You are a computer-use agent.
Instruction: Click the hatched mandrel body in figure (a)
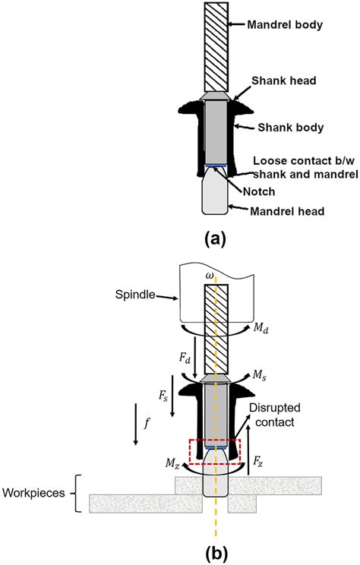216,46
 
